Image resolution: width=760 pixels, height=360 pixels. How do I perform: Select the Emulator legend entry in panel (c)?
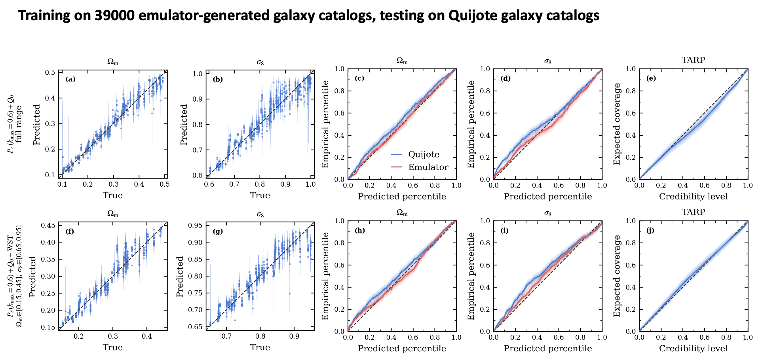click(419, 167)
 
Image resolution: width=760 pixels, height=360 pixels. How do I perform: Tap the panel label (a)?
click(70, 79)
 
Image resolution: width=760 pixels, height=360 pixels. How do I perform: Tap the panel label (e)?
click(651, 78)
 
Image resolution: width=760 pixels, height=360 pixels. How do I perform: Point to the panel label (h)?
click(360, 230)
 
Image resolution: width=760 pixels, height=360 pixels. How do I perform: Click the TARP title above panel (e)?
click(693, 60)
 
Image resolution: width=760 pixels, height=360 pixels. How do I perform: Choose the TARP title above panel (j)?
click(693, 212)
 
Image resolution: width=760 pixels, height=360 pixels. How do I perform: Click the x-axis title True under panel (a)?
click(113, 195)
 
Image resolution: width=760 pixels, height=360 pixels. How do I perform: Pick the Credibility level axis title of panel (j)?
click(693, 349)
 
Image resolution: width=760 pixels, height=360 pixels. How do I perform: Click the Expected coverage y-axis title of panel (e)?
click(617, 124)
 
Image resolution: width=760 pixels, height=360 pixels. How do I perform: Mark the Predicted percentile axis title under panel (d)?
click(548, 197)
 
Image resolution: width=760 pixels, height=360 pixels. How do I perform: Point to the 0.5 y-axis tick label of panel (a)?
click(50, 73)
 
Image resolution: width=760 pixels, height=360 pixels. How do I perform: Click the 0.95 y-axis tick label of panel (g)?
click(196, 225)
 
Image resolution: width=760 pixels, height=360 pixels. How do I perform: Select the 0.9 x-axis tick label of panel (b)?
click(285, 184)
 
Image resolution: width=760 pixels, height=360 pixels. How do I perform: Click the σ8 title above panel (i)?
click(548, 214)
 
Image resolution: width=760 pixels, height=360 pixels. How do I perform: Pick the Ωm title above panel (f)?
click(113, 214)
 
